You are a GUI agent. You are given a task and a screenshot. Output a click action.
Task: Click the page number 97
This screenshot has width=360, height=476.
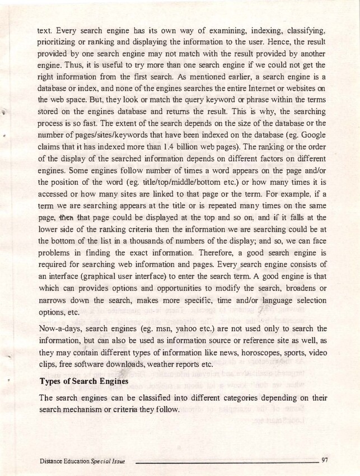[324, 460]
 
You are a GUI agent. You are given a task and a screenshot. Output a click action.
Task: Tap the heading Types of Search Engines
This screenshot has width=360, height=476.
[88, 382]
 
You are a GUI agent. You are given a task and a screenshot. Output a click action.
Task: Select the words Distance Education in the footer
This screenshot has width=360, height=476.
[64, 461]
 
